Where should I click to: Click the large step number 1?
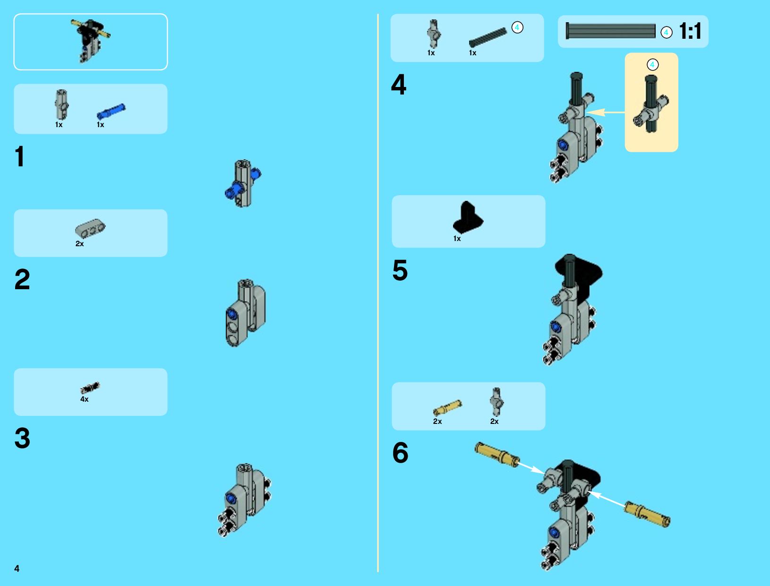coord(20,156)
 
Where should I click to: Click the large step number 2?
coord(22,279)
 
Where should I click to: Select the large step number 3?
coord(23,438)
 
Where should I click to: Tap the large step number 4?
coord(399,84)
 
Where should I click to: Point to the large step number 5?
coord(400,270)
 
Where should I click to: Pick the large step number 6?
coord(400,453)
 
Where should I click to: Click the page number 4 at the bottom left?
coord(17,569)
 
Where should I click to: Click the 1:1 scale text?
coord(690,31)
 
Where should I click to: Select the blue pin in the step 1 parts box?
coord(111,111)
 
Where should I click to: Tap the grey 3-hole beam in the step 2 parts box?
coord(90,228)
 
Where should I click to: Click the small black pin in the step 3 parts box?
coord(90,388)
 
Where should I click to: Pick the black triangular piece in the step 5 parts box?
coord(468,217)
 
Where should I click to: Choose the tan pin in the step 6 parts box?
coord(447,408)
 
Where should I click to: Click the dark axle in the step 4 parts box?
coord(488,37)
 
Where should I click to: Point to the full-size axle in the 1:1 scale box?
coord(610,31)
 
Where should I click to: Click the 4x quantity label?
coord(84,399)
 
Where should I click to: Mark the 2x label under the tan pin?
coord(437,421)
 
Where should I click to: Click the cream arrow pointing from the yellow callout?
coord(606,112)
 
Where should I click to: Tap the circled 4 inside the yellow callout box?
coord(652,65)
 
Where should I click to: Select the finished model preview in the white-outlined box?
coord(91,41)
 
